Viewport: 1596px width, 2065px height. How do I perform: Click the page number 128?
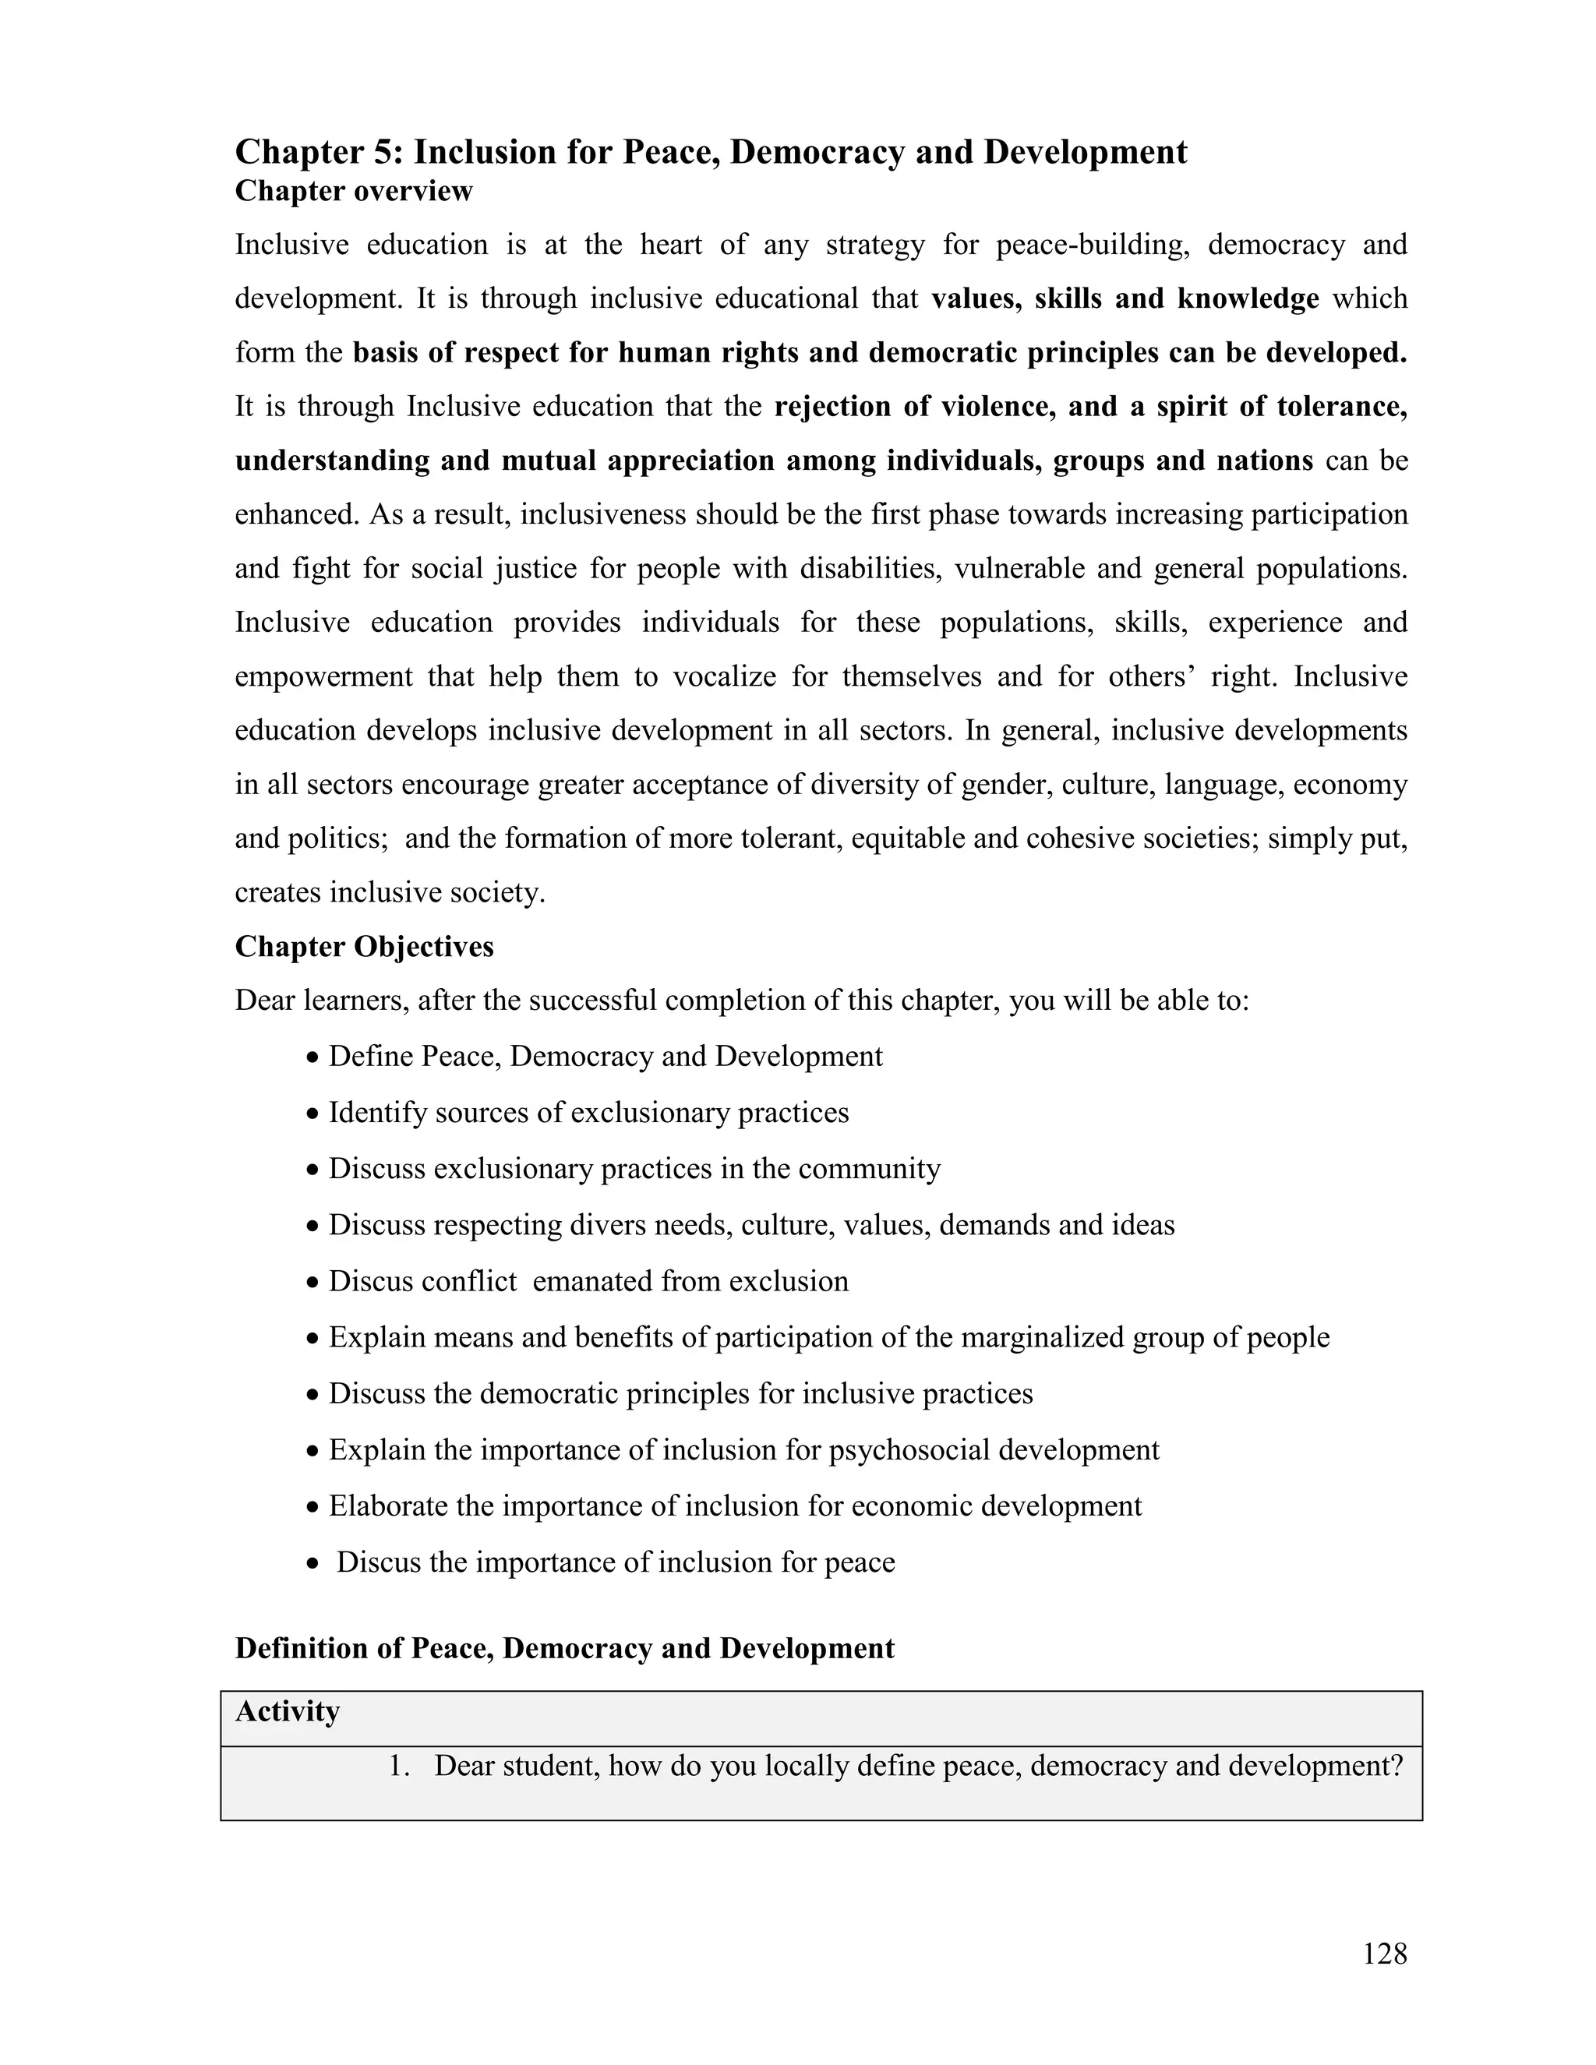(x=1384, y=1953)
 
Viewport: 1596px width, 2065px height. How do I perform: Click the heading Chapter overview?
(x=354, y=191)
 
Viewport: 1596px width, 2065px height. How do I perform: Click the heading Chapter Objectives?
(x=364, y=947)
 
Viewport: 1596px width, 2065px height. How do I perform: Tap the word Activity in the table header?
(x=288, y=1711)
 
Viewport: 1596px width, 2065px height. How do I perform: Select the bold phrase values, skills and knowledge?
(x=1125, y=298)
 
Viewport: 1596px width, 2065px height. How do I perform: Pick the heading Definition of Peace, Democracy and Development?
(x=564, y=1648)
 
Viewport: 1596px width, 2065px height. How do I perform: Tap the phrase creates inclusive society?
(x=390, y=892)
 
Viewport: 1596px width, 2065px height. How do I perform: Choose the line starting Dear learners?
(x=741, y=1001)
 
